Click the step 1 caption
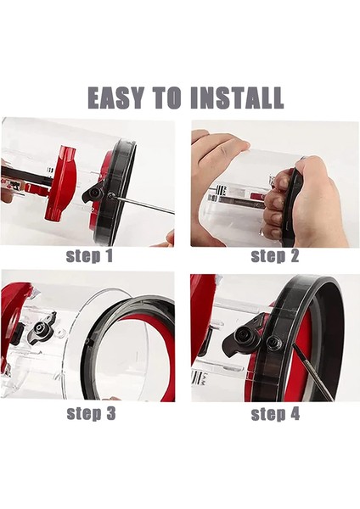click(x=89, y=255)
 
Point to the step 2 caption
click(x=273, y=255)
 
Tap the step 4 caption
click(x=273, y=413)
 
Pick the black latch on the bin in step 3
click(x=42, y=323)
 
